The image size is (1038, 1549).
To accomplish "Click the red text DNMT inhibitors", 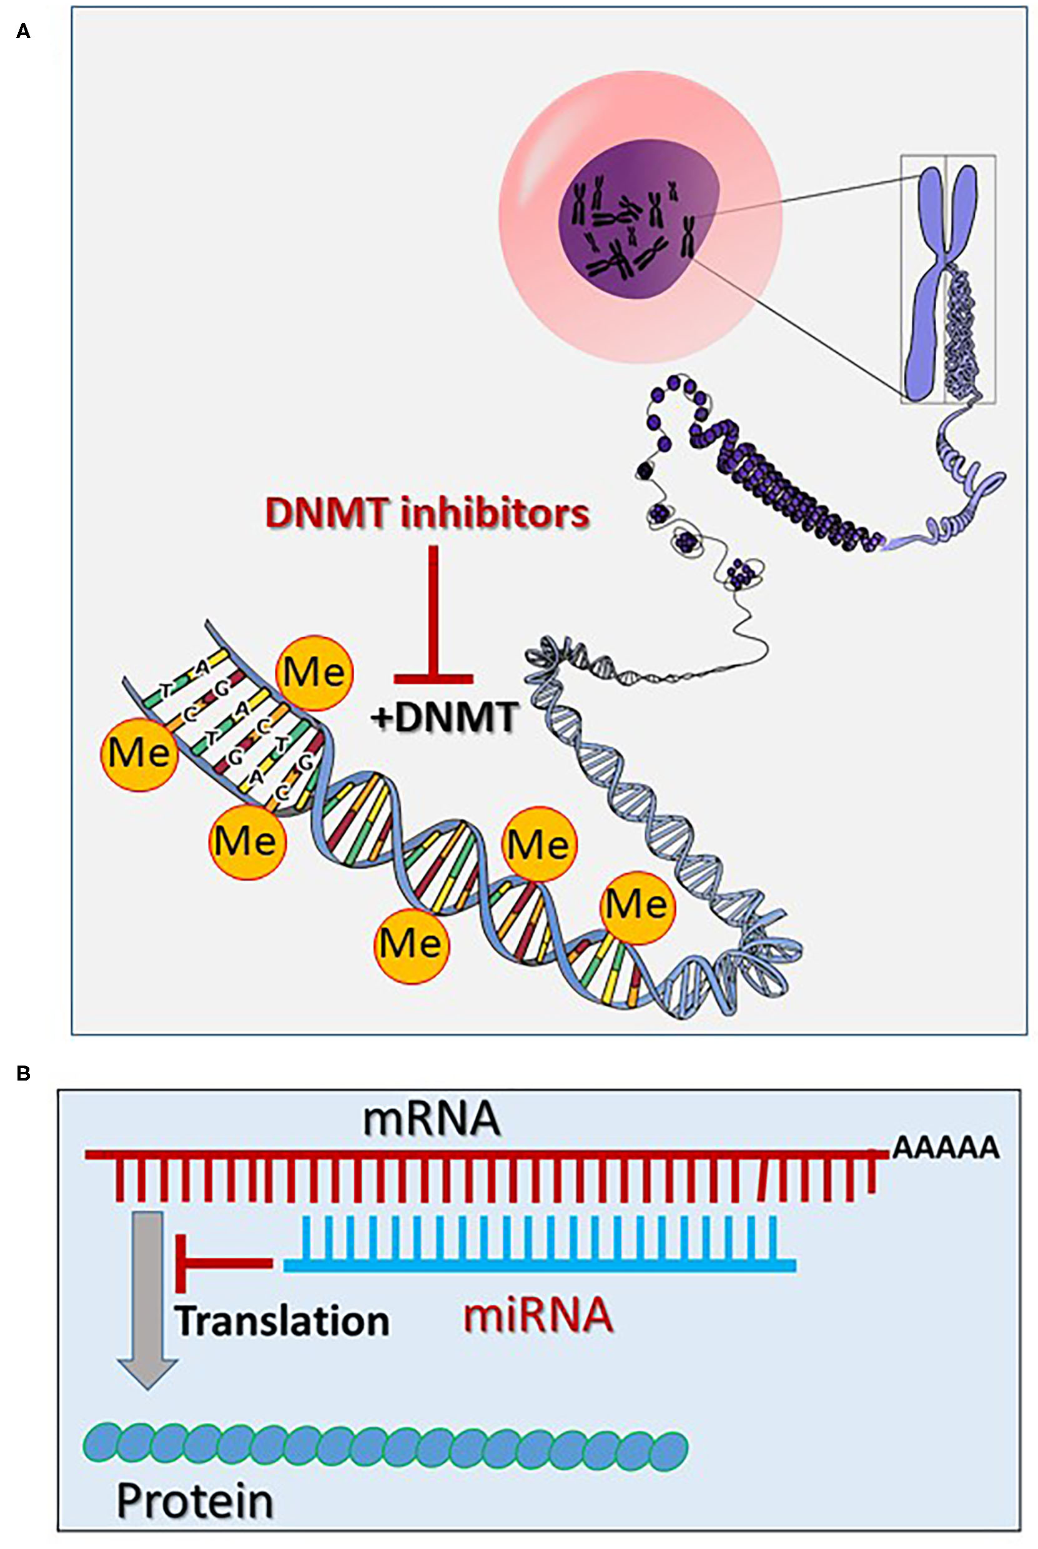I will (427, 514).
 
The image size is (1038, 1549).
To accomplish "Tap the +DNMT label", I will (444, 718).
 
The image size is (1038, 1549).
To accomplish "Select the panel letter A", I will (23, 31).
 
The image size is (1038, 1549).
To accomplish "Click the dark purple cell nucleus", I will (636, 219).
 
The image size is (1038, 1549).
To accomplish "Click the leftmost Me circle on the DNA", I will (139, 754).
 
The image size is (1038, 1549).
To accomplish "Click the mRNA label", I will (431, 1119).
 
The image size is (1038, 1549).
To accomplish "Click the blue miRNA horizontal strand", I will (540, 1265).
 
